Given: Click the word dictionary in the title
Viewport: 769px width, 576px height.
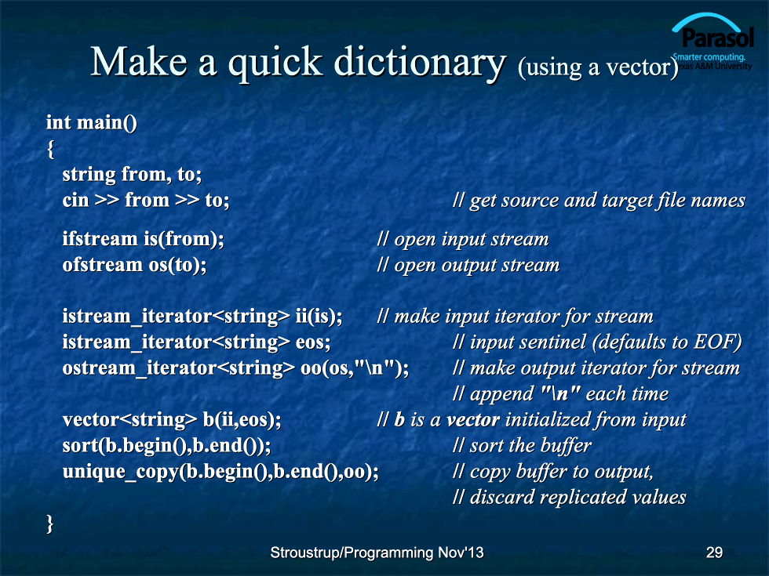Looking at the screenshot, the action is [420, 63].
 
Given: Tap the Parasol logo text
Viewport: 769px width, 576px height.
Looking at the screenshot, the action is [718, 38].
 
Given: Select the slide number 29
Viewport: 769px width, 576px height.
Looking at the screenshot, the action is [714, 552].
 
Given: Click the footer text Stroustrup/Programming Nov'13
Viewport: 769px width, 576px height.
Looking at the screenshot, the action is [377, 552].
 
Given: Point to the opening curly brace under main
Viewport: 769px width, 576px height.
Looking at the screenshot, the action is [50, 149].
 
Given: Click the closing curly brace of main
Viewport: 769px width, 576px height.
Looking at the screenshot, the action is [50, 523].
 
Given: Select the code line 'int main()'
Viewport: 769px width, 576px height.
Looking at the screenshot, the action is [92, 122].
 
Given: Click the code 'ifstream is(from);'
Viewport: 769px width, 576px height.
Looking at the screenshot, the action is [143, 239].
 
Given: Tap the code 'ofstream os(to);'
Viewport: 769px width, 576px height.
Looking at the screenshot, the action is [134, 265].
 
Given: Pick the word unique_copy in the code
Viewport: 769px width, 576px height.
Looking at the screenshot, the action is [121, 472].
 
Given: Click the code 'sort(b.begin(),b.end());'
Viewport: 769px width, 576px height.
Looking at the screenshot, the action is [166, 446].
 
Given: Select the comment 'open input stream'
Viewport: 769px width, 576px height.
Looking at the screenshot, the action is [472, 240].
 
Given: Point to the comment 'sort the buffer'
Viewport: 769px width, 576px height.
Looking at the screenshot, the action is [530, 446].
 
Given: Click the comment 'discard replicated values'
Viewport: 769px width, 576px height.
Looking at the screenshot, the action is [578, 497].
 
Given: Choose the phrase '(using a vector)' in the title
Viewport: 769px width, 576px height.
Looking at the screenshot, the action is [598, 67].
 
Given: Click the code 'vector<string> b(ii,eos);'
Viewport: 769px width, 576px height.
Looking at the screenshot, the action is [172, 420].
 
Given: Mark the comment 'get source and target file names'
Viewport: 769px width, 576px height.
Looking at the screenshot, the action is [607, 201].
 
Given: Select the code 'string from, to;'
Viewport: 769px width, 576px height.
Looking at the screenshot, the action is [132, 174].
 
